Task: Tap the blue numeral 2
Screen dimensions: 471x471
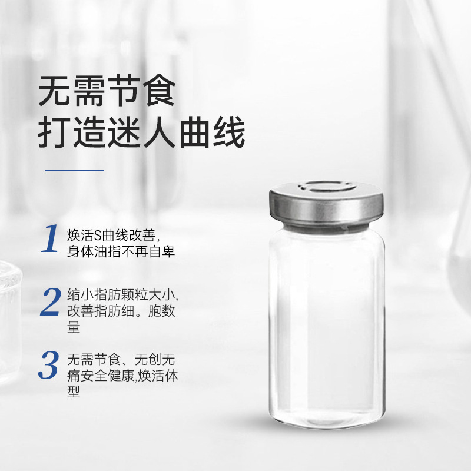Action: coord(51,301)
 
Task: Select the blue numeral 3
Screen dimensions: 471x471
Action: coord(49,364)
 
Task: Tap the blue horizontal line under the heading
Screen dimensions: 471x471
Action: coord(75,170)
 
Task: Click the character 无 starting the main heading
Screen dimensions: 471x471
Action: coord(54,91)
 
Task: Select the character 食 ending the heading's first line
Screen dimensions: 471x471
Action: coord(159,91)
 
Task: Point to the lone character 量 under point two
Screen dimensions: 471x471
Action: coord(74,327)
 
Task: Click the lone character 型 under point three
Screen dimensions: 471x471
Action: coord(74,391)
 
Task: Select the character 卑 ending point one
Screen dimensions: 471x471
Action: coord(168,251)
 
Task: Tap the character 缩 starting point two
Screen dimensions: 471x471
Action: coord(74,295)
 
